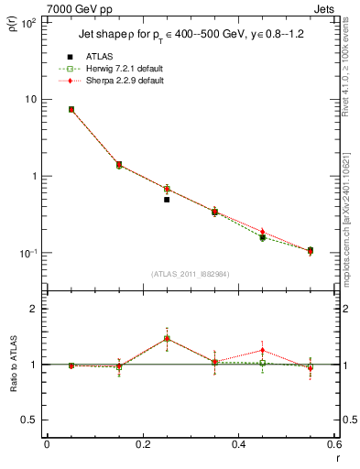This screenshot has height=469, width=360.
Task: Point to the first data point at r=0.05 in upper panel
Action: pyautogui.click(x=71, y=109)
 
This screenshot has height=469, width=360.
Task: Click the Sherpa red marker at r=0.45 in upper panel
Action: pyautogui.click(x=262, y=232)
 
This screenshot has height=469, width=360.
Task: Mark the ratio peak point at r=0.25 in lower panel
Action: pyautogui.click(x=167, y=338)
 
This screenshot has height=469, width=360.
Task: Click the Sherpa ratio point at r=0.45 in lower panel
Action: pyautogui.click(x=262, y=350)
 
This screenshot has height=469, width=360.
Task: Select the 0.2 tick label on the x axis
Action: pyautogui.click(x=142, y=444)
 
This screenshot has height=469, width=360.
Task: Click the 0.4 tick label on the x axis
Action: pyautogui.click(x=238, y=444)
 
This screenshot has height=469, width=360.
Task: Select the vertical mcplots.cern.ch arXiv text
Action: pyautogui.click(x=351, y=220)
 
